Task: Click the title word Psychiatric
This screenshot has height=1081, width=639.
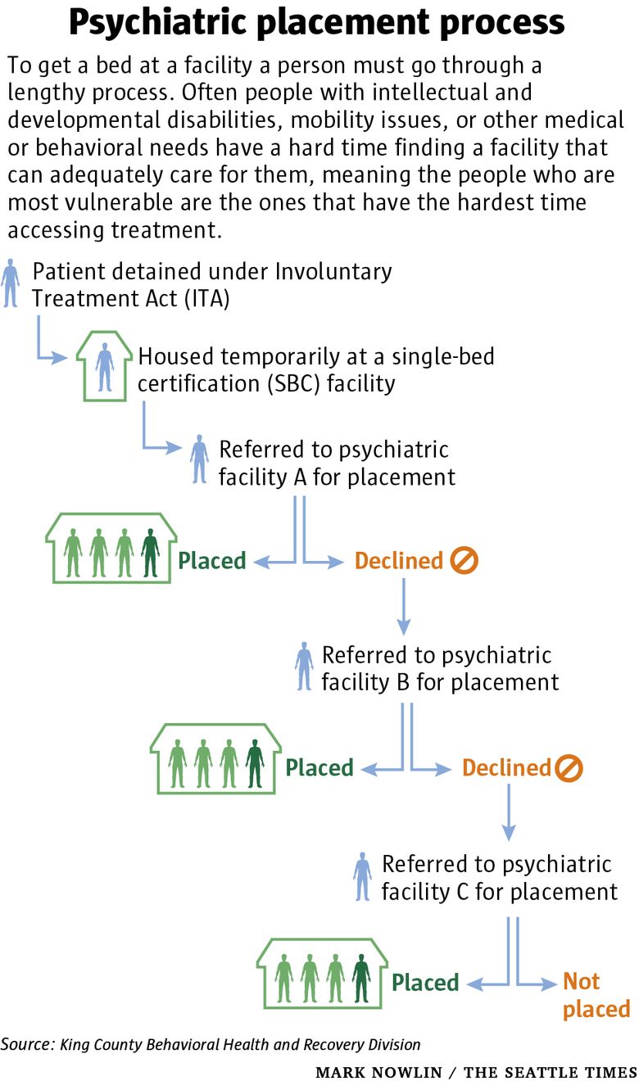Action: click(159, 23)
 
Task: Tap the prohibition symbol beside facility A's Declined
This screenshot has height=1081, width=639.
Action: click(464, 560)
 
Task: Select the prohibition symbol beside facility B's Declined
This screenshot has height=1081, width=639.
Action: click(569, 767)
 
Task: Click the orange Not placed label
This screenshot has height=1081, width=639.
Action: click(597, 995)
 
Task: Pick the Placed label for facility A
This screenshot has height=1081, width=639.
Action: click(212, 561)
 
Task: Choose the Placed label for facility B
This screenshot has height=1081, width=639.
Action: click(319, 768)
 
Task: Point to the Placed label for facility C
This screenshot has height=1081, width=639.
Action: click(425, 983)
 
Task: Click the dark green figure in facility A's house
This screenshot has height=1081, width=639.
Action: click(150, 553)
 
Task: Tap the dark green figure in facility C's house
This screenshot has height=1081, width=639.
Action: click(361, 978)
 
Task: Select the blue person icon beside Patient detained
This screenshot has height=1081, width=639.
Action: click(10, 283)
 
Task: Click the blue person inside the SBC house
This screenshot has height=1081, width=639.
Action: click(105, 367)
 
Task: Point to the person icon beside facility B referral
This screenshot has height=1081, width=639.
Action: click(304, 667)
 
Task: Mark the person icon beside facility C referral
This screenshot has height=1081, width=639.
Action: click(362, 877)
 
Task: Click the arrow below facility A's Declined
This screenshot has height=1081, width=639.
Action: click(404, 607)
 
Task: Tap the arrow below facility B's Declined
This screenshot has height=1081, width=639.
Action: click(509, 812)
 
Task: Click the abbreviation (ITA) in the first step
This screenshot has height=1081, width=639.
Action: click(207, 299)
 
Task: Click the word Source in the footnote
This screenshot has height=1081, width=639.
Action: click(28, 1044)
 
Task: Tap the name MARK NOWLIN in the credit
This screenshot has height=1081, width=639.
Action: click(378, 1072)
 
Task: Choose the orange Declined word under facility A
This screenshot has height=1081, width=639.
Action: click(399, 561)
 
